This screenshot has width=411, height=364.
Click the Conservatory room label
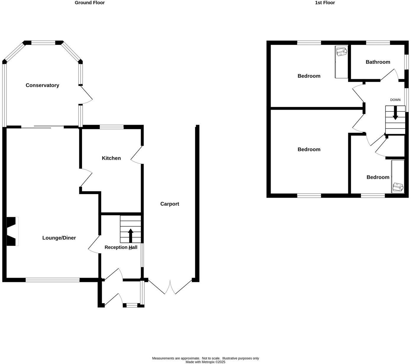[42, 85]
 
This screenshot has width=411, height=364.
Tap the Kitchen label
[111, 158]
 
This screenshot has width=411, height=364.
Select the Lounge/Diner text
[59, 238]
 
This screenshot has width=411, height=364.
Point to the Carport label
[170, 204]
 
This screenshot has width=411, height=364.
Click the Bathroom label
[378, 62]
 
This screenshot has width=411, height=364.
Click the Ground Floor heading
[89, 3]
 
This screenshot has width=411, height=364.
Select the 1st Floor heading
[325, 3]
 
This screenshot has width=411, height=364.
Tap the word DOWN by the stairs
[395, 100]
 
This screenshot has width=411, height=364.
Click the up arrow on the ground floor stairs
[130, 235]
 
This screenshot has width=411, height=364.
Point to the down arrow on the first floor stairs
[395, 114]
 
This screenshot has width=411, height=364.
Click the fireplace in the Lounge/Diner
[12, 231]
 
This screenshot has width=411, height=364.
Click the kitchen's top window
[112, 127]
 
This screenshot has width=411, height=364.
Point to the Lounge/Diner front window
[52, 280]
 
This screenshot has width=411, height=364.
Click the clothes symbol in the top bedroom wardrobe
[341, 52]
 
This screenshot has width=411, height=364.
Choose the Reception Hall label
[121, 247]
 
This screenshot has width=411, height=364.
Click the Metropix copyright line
[205, 362]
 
